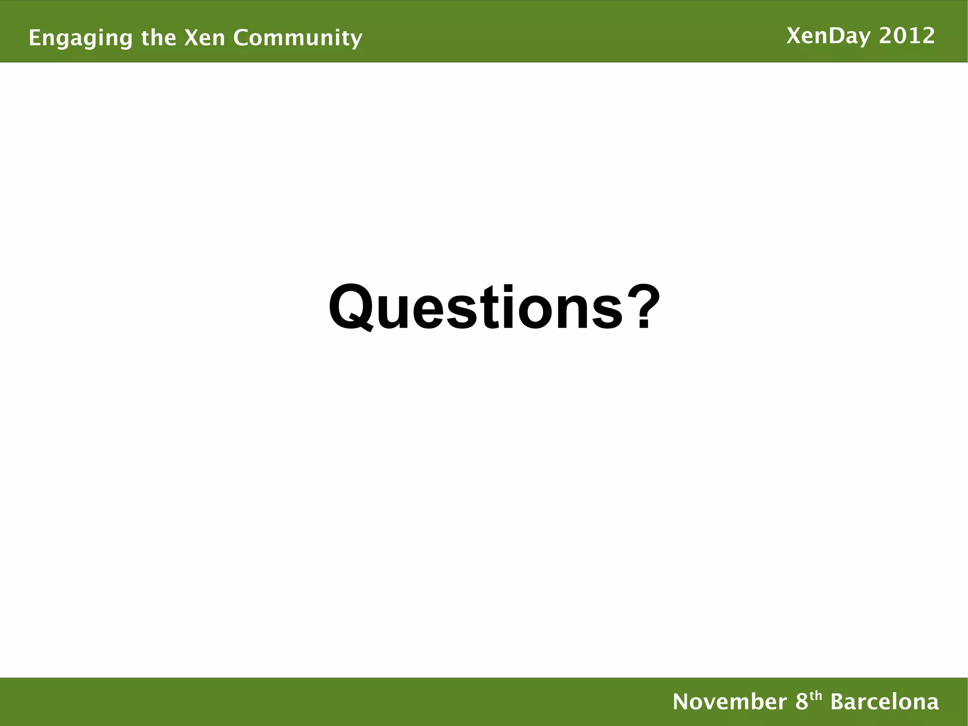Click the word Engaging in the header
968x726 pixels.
(81, 38)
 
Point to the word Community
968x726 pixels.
(298, 38)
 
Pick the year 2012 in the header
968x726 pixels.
(907, 36)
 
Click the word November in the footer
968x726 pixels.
(730, 701)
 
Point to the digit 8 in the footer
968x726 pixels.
(802, 701)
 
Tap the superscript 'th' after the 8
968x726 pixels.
(816, 696)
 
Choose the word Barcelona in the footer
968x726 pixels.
(884, 701)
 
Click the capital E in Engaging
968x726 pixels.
(34, 37)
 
